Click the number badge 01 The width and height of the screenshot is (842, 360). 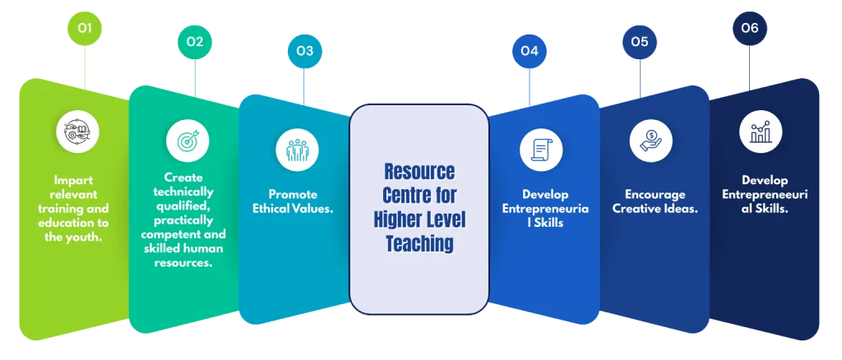coord(85,30)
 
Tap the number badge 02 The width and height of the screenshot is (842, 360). coord(194,40)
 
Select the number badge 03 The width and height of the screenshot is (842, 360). coord(304,51)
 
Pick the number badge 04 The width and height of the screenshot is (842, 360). coord(529,51)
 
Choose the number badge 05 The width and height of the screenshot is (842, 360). coord(639,40)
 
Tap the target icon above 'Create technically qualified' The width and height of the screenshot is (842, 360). coord(187,139)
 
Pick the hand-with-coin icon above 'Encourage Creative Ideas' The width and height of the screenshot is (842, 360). coord(650,140)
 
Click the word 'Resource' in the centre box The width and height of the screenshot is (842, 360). coord(419,173)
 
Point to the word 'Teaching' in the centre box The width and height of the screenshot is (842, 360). coord(419,243)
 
